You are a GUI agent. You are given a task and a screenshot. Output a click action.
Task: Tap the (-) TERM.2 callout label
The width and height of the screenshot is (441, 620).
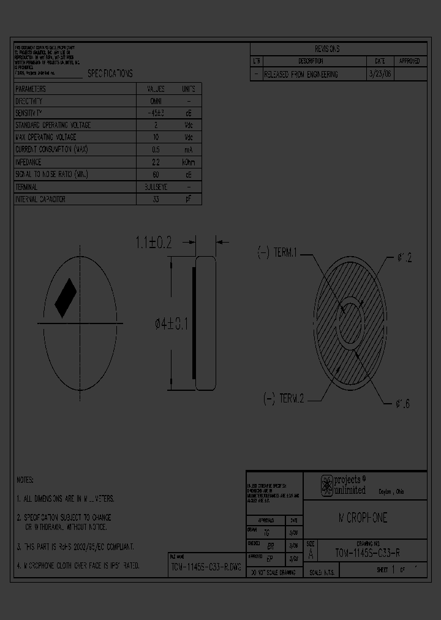(283, 399)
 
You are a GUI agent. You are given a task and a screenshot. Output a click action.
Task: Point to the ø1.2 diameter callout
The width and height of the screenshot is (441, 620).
(402, 259)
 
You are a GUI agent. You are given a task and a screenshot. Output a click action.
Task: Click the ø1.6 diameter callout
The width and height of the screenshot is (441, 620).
(402, 404)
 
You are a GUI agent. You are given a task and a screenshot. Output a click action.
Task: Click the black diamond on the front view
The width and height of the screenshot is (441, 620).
(66, 298)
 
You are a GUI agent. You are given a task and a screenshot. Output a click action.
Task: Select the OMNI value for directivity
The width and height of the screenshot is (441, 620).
(156, 101)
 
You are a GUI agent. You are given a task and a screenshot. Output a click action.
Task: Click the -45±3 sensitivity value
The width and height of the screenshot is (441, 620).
(156, 113)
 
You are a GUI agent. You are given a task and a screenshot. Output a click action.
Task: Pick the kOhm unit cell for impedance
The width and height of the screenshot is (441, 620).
(189, 162)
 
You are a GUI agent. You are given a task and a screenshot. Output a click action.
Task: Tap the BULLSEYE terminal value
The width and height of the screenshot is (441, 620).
(156, 187)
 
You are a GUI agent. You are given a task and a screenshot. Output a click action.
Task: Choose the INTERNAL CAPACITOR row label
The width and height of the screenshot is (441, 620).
(40, 199)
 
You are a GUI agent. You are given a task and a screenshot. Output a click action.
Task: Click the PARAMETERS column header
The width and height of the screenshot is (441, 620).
(31, 89)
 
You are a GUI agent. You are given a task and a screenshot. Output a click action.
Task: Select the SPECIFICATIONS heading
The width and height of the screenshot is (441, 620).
(110, 74)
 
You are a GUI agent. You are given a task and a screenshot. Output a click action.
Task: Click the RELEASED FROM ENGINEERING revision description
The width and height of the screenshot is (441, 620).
(301, 74)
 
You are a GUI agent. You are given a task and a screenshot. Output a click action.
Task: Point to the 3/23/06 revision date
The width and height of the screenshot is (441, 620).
(379, 74)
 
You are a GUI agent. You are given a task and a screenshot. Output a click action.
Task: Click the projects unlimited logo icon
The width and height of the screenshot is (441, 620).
(327, 486)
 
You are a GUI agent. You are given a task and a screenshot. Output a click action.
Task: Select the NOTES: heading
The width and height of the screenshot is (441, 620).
(25, 480)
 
